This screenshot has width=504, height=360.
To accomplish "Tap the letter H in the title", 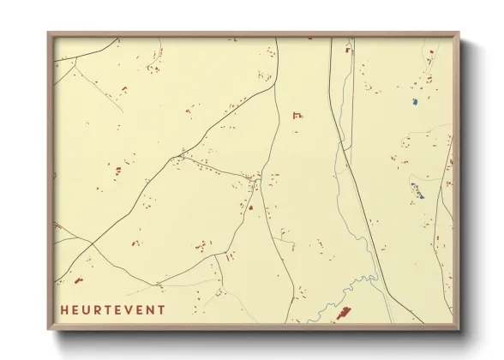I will (x=64, y=309).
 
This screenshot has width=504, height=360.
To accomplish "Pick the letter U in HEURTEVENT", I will (x=87, y=309).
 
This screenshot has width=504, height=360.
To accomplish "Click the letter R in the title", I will (x=98, y=309).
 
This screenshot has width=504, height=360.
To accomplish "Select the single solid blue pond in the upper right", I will (x=414, y=102).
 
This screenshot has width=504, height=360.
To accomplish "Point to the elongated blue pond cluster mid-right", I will (x=417, y=191).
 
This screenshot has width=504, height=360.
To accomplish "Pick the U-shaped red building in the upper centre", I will (x=297, y=114).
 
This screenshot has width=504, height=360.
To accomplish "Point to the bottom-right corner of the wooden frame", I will (x=457, y=328).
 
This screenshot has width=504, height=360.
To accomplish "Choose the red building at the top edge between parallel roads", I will (x=348, y=51).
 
